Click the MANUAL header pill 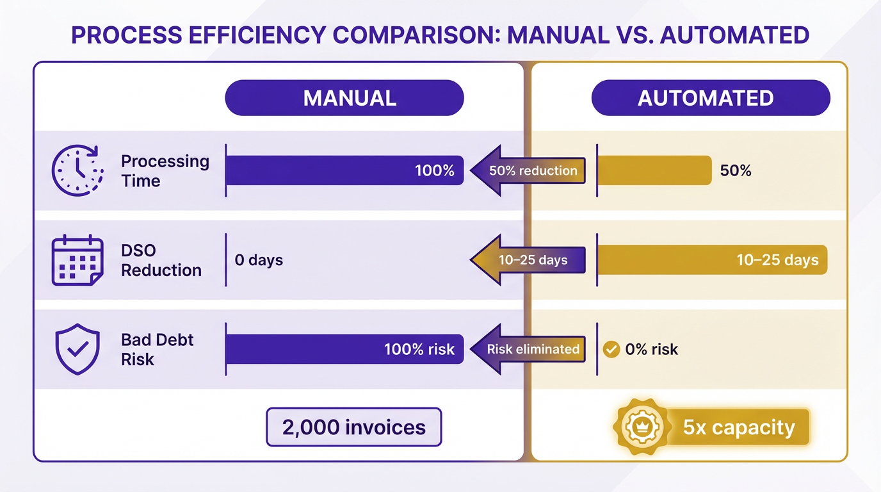(x=344, y=98)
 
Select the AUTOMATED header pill (x=711, y=98)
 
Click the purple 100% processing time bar (x=344, y=170)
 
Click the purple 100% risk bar (x=344, y=350)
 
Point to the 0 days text (x=259, y=260)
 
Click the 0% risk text (x=652, y=350)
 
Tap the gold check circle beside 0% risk (x=611, y=350)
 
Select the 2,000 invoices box (x=354, y=427)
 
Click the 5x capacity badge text (x=739, y=427)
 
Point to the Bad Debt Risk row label (x=157, y=350)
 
